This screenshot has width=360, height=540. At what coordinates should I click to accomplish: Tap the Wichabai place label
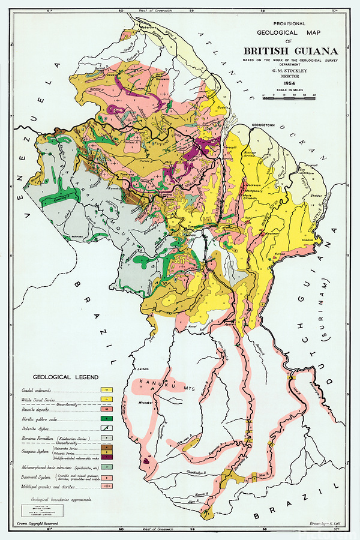click(x=146, y=401)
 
